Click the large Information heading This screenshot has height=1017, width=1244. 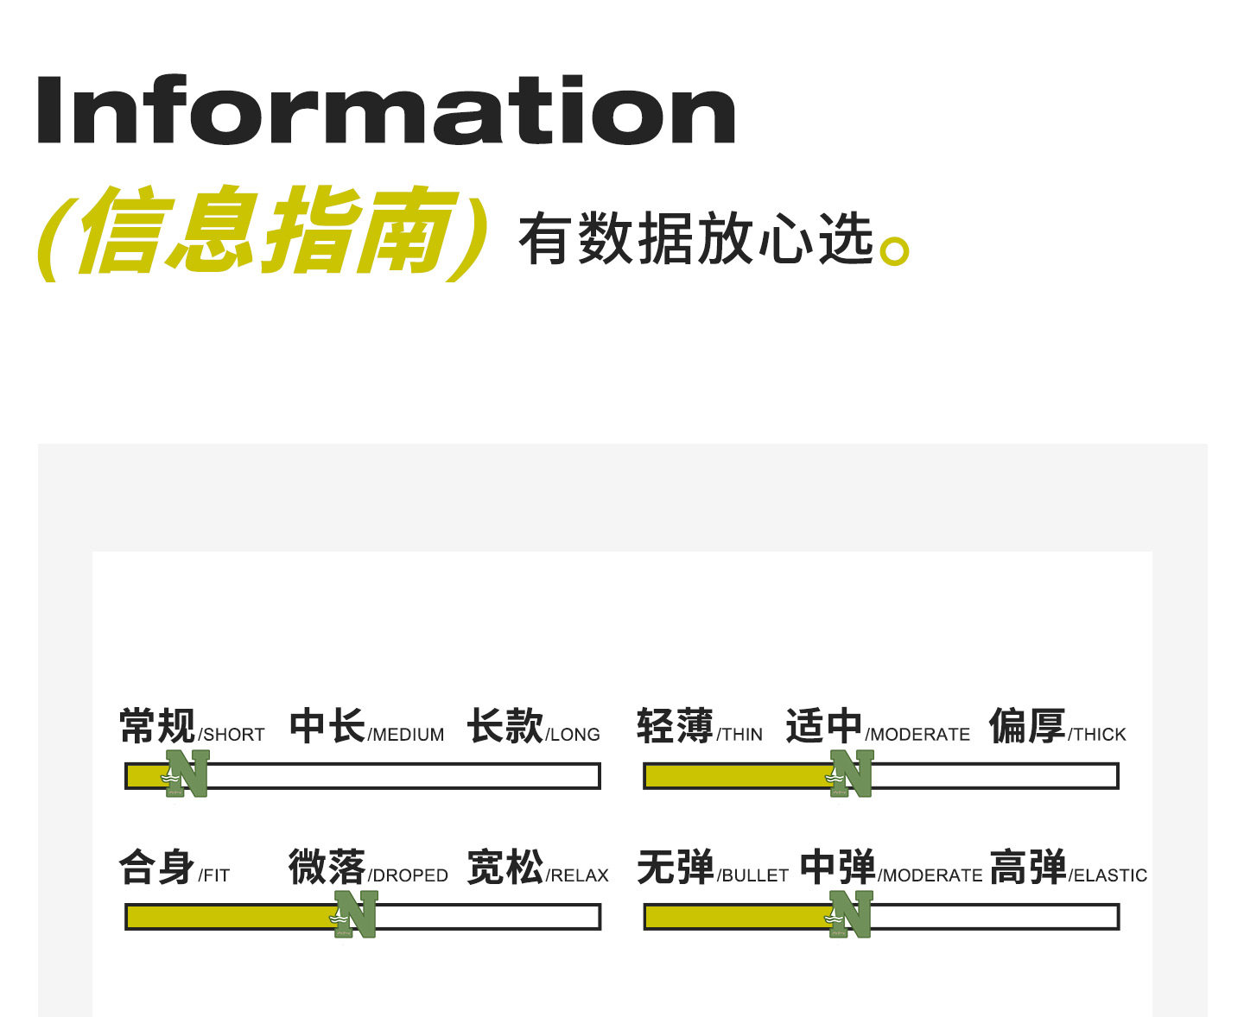[385, 111]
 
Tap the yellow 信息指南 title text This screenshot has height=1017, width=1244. [263, 231]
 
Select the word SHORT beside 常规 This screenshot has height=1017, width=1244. [233, 735]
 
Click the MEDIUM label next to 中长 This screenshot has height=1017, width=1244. [408, 735]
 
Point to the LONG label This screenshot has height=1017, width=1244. [574, 735]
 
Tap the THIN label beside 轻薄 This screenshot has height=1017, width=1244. [741, 735]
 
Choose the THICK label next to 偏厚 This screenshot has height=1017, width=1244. [1099, 735]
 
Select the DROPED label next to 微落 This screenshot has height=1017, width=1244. [409, 875]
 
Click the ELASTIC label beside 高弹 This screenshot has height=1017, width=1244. [1109, 875]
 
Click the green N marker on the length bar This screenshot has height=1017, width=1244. [188, 774]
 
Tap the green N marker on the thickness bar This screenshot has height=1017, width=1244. [852, 774]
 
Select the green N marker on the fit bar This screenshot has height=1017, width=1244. [356, 914]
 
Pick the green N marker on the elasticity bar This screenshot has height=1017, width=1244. [851, 914]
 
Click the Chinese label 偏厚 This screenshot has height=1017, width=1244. [1027, 726]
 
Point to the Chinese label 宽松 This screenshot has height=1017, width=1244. [505, 868]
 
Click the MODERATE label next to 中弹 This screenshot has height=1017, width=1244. [931, 875]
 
